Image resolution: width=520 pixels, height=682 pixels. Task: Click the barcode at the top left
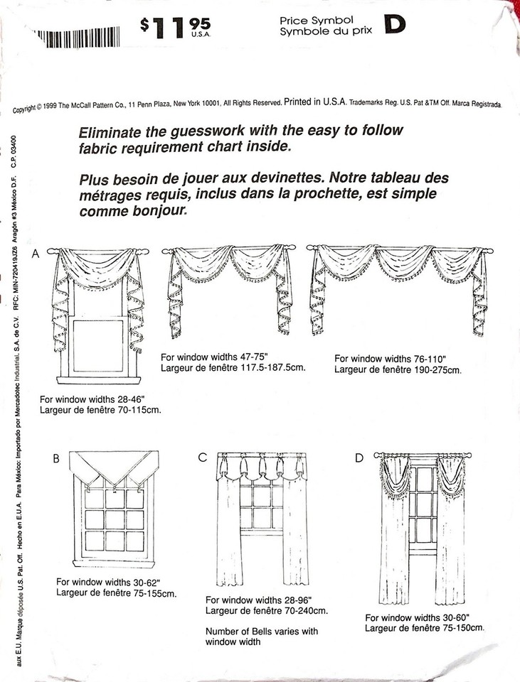pyautogui.click(x=76, y=36)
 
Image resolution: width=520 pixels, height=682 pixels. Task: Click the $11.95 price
pyautogui.click(x=175, y=28)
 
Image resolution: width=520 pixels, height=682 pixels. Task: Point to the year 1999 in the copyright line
pyautogui.click(x=50, y=107)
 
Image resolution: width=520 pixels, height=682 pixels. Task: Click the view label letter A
pyautogui.click(x=36, y=254)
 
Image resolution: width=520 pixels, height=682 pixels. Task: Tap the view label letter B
pyautogui.click(x=56, y=458)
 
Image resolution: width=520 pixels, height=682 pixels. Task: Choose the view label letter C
pyautogui.click(x=201, y=458)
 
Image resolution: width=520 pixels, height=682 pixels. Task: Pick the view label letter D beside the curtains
pyautogui.click(x=359, y=458)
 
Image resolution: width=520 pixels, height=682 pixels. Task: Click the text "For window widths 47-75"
pyautogui.click(x=214, y=357)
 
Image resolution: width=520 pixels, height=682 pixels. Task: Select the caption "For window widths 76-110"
pyautogui.click(x=391, y=359)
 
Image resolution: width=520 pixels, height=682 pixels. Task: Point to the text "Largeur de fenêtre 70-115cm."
pyautogui.click(x=100, y=410)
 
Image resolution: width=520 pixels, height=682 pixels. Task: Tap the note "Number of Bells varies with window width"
pyautogui.click(x=262, y=637)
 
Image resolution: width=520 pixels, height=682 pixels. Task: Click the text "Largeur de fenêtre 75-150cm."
pyautogui.click(x=425, y=628)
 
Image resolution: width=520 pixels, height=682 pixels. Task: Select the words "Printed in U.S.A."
pyautogui.click(x=315, y=102)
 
